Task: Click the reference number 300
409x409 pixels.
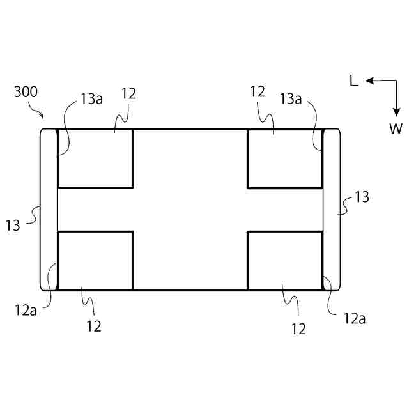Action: coord(26,92)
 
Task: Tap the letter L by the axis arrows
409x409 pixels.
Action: coord(353,81)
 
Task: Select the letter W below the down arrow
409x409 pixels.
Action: coord(396,128)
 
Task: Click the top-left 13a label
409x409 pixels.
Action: coord(92,98)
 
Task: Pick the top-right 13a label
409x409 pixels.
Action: coord(291,98)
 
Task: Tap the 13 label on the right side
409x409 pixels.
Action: coord(362,197)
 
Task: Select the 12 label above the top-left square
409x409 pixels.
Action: coord(128,93)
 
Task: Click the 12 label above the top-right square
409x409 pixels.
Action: coord(258,92)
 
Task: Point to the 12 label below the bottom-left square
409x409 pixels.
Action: coord(94,326)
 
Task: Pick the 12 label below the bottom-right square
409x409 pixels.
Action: coord(298,329)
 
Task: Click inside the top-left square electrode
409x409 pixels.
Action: coord(95,158)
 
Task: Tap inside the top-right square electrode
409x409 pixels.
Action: coord(284,158)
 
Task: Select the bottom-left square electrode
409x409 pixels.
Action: coord(95,260)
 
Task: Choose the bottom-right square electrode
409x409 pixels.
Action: coord(284,260)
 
